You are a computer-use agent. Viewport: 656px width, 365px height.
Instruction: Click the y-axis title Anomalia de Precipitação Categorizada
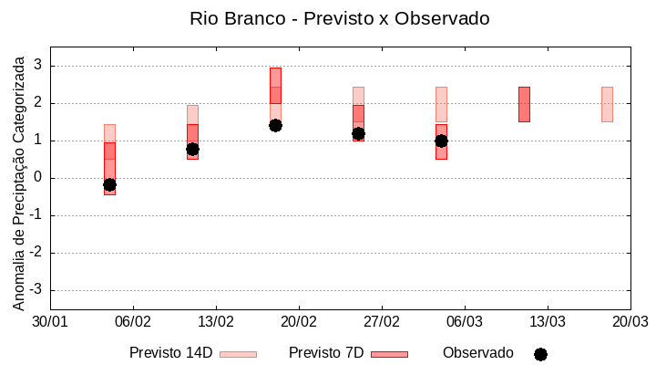19,180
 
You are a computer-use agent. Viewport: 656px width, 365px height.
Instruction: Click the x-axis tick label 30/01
50,322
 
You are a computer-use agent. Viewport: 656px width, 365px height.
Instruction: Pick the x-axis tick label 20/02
298,322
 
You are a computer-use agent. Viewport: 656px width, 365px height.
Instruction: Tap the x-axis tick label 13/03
547,322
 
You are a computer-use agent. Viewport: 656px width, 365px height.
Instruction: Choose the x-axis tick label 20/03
630,322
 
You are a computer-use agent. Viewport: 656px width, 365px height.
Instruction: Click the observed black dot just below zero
109,184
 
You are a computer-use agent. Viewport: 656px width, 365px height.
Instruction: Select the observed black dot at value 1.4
275,125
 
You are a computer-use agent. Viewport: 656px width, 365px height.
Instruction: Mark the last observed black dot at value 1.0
441,141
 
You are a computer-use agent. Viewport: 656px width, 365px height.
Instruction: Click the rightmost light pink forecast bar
607,104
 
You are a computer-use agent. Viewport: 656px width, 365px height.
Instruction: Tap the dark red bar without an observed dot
524,104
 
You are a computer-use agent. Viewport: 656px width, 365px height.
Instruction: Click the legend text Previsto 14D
171,353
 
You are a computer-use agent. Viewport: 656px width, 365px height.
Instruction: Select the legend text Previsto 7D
326,353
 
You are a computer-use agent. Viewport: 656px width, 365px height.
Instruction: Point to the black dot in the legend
540,354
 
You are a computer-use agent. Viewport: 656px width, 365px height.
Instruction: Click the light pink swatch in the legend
239,354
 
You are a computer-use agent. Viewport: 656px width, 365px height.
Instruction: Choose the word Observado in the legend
478,353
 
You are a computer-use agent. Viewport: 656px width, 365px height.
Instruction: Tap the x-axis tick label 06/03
464,322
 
